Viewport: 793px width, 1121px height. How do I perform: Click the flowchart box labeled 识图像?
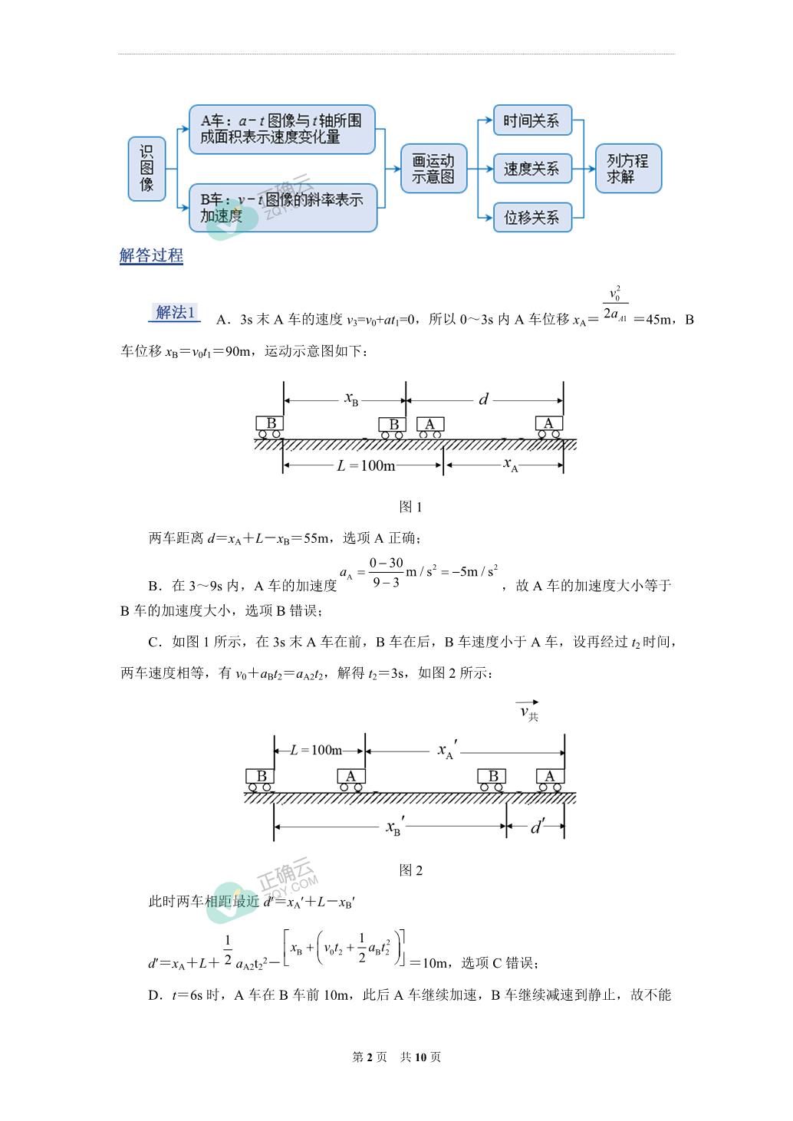pos(146,169)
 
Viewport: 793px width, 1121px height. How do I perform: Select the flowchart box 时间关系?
pos(532,120)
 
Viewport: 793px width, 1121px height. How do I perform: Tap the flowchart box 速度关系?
pos(532,169)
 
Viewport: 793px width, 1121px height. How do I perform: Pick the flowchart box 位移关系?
pos(532,217)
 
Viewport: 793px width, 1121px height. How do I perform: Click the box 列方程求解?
pos(628,169)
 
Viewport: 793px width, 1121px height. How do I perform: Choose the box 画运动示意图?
pos(433,169)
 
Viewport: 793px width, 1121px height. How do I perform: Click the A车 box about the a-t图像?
pos(282,129)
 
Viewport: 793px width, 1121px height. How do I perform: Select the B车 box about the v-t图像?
pos(283,208)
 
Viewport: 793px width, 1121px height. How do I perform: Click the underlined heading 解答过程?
pos(151,256)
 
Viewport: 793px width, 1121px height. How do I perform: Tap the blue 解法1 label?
pos(174,312)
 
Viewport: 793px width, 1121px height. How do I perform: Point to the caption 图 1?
pos(410,507)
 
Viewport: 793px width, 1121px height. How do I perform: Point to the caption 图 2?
pos(410,870)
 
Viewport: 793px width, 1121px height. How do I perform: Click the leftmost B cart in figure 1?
pos(269,427)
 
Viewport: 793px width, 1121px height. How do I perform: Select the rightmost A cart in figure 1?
pos(548,427)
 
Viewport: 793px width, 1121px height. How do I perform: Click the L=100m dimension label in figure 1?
pos(366,466)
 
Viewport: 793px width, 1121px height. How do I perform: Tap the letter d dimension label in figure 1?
pos(483,399)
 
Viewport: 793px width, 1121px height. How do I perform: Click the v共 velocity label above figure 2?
pos(528,711)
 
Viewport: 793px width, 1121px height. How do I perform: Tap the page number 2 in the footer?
pos(370,1057)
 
